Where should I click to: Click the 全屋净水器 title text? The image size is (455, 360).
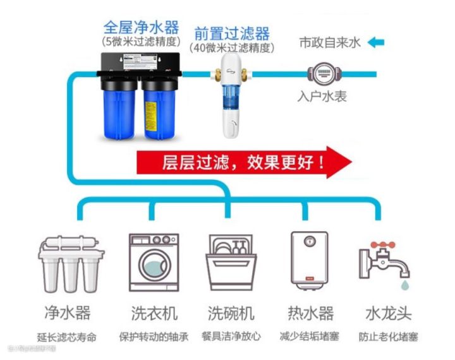(x=141, y=28)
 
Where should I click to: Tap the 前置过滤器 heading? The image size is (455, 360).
(x=232, y=33)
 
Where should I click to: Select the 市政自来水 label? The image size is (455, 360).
(x=329, y=43)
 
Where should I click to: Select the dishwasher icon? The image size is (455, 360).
(x=231, y=262)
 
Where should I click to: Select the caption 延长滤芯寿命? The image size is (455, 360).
(x=66, y=337)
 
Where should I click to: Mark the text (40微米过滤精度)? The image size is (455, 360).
(x=232, y=47)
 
